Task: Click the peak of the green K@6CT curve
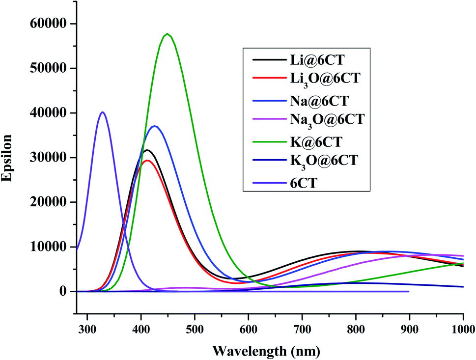click(x=168, y=34)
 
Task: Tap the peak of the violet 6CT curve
click(x=102, y=112)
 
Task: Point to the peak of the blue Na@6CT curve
click(x=155, y=126)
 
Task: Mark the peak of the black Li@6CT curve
click(x=146, y=150)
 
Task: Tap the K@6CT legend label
click(x=312, y=142)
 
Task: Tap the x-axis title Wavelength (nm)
click(x=267, y=351)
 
